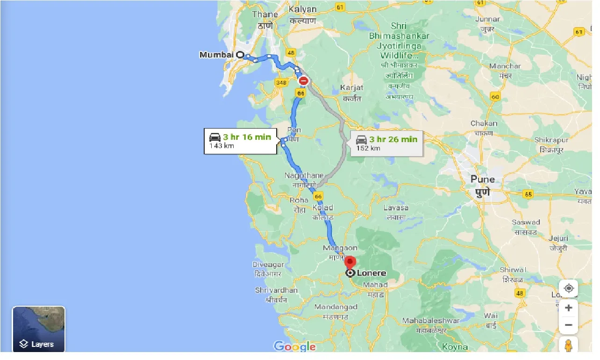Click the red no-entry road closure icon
(303, 81)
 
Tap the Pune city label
(483, 180)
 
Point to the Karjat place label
(351, 87)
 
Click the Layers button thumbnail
(38, 328)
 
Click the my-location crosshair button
(568, 288)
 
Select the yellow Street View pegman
(568, 346)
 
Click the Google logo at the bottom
(294, 346)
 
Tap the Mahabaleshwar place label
(430, 321)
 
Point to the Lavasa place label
(395, 208)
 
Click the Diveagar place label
(268, 265)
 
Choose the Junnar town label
(487, 19)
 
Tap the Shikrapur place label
(551, 140)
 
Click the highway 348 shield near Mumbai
(281, 83)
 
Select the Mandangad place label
(336, 307)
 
